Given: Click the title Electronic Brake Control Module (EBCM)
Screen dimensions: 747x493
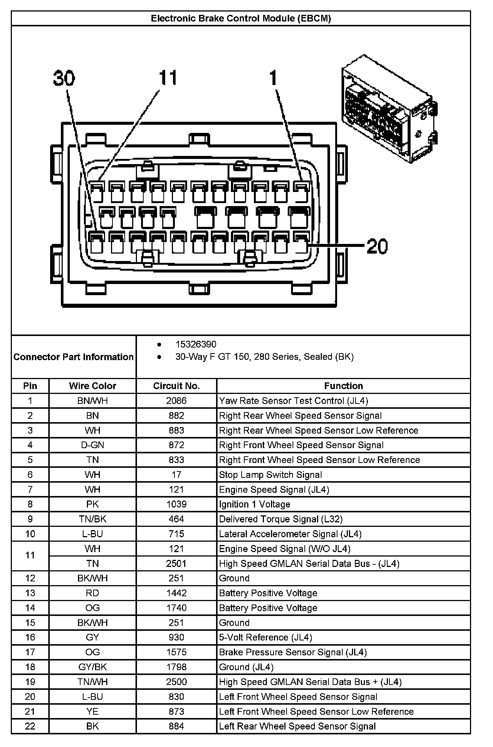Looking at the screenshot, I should pyautogui.click(x=241, y=19).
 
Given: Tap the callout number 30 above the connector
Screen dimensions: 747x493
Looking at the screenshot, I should pyautogui.click(x=64, y=79).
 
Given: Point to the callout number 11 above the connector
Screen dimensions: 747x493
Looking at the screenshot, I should pyautogui.click(x=168, y=78).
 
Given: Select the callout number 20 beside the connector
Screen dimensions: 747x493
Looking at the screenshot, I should pyautogui.click(x=377, y=246).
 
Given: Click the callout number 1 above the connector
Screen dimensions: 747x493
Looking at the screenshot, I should pyautogui.click(x=273, y=78).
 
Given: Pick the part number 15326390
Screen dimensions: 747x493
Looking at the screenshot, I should pyautogui.click(x=196, y=345).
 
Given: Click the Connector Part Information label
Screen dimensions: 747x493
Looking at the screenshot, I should pyautogui.click(x=74, y=357).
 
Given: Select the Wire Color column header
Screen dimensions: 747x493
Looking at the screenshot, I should pyautogui.click(x=92, y=386).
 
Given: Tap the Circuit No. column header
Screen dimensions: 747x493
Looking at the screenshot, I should pyautogui.click(x=176, y=386).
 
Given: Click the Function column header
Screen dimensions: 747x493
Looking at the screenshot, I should pyautogui.click(x=343, y=386).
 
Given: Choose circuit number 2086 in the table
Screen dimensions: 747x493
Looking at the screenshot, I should pyautogui.click(x=176, y=401).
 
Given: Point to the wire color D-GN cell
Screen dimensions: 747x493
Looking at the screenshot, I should pyautogui.click(x=92, y=445).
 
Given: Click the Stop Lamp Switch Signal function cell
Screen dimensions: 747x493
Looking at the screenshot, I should pyautogui.click(x=270, y=475).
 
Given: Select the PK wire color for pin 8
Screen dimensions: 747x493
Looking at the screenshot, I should pyautogui.click(x=92, y=504).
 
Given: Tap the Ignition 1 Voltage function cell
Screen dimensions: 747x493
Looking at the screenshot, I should pyautogui.click(x=255, y=504).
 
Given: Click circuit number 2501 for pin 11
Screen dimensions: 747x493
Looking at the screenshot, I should pyautogui.click(x=176, y=564).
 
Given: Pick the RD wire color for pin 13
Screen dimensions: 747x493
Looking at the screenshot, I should pyautogui.click(x=92, y=593).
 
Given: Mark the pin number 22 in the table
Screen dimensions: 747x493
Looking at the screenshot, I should pyautogui.click(x=30, y=726).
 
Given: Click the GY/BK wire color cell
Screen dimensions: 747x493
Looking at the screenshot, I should pyautogui.click(x=92, y=667).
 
